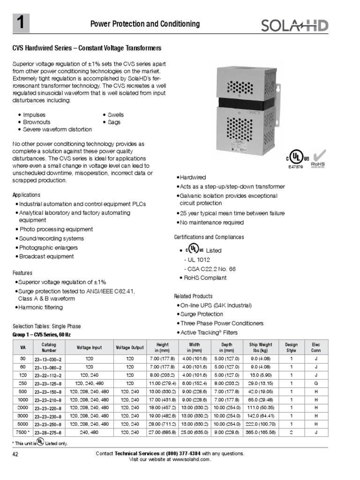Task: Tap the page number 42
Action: coord(16,454)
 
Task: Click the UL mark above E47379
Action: coord(295,157)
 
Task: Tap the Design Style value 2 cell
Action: coord(291,432)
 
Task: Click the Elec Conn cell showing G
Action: coord(316,383)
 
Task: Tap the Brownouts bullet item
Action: coord(37,122)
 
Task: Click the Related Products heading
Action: coord(193,296)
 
